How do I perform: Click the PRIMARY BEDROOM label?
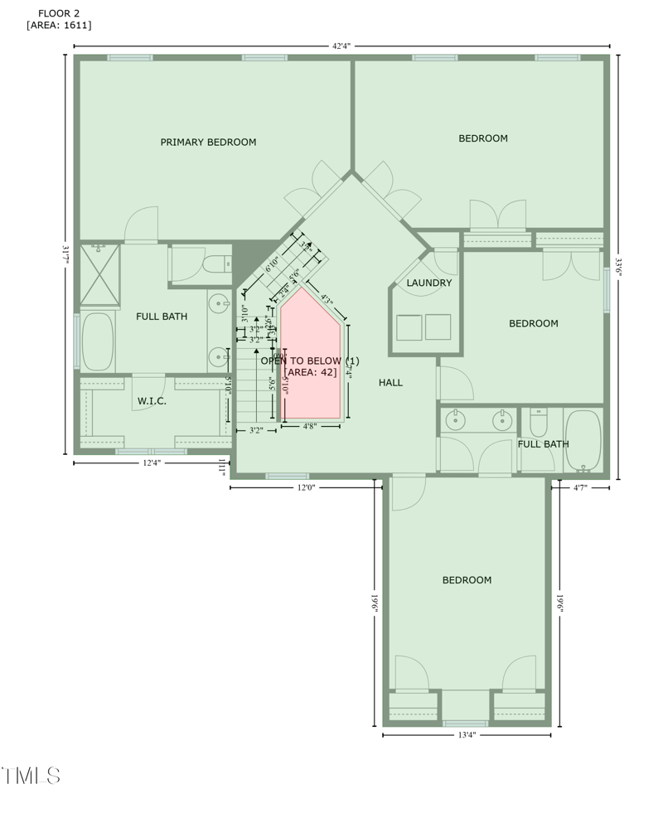208,143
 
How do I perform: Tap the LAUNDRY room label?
429,283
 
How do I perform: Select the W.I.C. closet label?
152,401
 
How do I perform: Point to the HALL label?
390,383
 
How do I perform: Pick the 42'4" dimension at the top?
342,46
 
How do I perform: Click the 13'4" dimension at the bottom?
467,735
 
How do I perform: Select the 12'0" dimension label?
306,488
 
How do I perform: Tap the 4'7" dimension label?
580,488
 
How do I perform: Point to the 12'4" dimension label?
151,463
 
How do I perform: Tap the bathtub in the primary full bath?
98,341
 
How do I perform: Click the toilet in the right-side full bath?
539,424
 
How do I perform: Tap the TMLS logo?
31,777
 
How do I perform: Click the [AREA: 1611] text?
59,26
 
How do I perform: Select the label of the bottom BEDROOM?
467,580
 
